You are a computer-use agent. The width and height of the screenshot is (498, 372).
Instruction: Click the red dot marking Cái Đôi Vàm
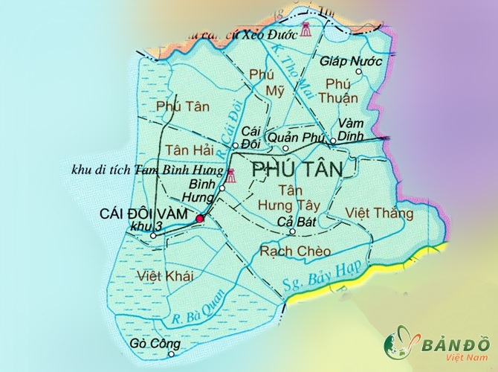[199, 218]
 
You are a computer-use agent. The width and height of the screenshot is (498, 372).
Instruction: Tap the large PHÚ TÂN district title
[298, 170]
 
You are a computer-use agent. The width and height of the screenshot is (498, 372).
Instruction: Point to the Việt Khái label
[165, 276]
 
